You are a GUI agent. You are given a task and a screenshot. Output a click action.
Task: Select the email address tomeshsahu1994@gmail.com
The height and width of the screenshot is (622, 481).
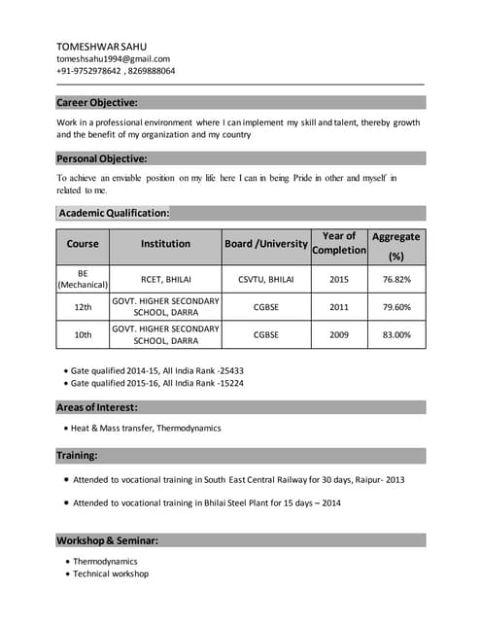pos(113,58)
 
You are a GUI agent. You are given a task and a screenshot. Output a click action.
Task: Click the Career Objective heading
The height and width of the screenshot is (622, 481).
pos(97,102)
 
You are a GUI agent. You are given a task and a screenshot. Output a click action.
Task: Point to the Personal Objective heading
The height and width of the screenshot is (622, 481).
pos(102,158)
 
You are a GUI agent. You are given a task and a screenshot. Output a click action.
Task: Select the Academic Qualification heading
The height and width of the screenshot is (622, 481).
pos(114,213)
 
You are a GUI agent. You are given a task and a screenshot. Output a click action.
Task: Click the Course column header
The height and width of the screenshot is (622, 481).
pos(83,244)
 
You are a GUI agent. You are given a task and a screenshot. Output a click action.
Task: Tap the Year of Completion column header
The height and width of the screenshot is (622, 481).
pos(339,243)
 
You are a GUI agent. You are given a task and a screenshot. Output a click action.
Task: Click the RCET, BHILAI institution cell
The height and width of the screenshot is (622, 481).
pos(166,279)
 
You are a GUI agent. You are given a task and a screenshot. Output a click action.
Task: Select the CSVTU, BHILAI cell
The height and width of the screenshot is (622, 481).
pos(266,279)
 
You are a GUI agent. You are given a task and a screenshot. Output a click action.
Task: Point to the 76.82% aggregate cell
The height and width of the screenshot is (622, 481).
pos(396,279)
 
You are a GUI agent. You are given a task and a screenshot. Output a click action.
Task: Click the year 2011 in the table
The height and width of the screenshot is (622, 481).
pos(339,307)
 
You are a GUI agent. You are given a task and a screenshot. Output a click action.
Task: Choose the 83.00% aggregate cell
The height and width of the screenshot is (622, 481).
pos(396,335)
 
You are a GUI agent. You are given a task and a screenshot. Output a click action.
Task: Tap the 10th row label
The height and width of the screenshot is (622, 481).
pos(83,335)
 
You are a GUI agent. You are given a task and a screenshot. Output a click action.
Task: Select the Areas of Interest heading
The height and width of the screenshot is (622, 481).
pos(97,407)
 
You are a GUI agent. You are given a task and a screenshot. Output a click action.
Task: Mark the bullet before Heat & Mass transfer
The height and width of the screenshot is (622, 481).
pos(64,428)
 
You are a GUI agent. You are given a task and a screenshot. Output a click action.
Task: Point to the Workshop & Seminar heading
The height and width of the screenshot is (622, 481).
pos(107,539)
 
